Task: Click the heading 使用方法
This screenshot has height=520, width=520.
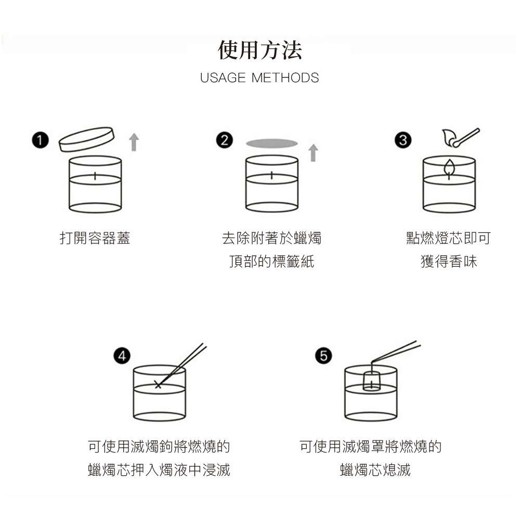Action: point(259,50)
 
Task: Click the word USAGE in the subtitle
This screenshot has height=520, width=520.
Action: point(223,78)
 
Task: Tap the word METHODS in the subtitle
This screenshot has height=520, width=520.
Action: point(285,78)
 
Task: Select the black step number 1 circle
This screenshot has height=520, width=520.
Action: point(41,140)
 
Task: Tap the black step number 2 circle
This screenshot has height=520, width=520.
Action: point(225,140)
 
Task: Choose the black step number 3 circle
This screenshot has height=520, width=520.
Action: point(403,140)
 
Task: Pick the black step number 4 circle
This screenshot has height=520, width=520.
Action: point(122,356)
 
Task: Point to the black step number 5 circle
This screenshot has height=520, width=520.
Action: point(323,356)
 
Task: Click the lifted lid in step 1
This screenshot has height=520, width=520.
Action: point(86,139)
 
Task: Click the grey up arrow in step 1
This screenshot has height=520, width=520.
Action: point(134,142)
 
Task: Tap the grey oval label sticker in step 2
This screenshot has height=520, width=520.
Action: point(272,144)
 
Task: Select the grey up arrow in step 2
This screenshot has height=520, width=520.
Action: point(313,153)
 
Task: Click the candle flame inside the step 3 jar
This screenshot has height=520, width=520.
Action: point(449,167)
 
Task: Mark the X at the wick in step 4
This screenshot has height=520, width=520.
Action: point(159,385)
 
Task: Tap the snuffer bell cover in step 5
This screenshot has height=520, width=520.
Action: point(371,381)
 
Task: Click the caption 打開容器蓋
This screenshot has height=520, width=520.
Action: point(95,238)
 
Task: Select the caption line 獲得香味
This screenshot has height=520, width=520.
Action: point(449,262)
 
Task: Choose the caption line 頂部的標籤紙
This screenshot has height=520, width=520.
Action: point(271,262)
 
